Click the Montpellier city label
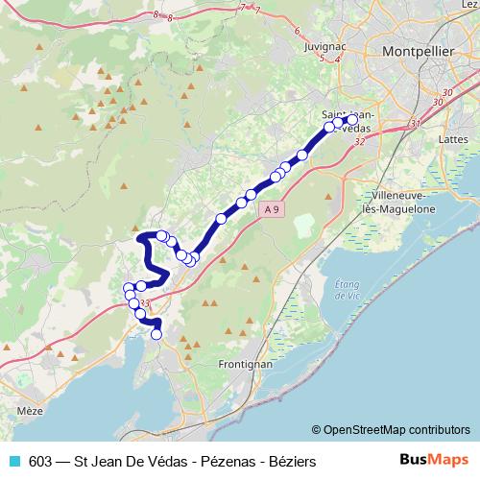tap(418, 50)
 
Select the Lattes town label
tap(451, 139)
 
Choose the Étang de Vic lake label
tap(348, 291)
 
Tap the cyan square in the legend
tap(14, 461)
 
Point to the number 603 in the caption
tap(41, 461)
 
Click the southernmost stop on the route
tap(156, 334)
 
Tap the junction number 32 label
tap(359, 141)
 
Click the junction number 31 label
tap(414, 124)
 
